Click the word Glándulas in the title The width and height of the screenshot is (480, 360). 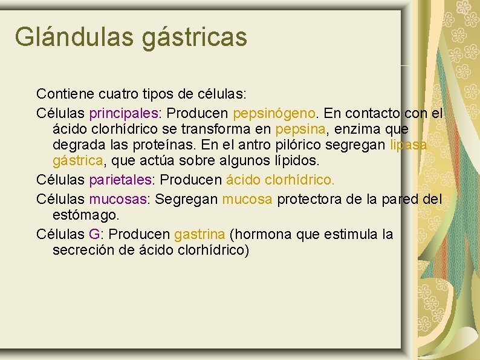pos(75,36)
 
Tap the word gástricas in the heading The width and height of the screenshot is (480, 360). pos(195,38)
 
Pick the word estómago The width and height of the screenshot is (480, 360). pos(86,215)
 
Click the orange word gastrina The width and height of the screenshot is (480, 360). pos(199,234)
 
